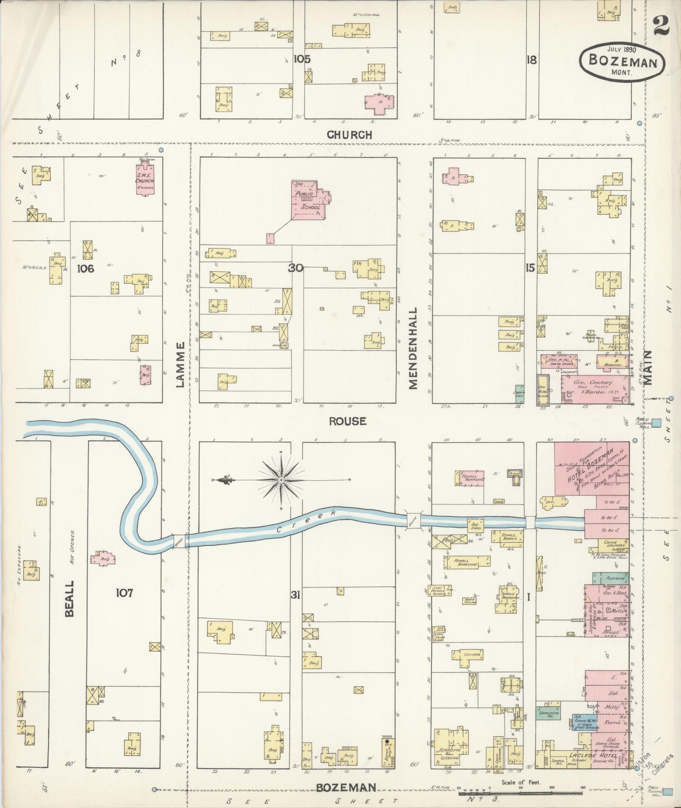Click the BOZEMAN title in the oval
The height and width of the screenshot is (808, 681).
point(622,62)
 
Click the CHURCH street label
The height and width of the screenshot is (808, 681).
point(350,135)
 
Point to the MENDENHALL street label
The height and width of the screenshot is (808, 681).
point(412,348)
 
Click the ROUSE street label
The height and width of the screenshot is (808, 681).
point(347,421)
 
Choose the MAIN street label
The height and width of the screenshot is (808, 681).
point(648,367)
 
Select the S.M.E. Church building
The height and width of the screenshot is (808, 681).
point(145,180)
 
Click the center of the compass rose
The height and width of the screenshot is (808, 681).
point(281,480)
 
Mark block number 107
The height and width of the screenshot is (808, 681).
point(125,593)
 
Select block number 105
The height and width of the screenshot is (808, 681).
point(302,59)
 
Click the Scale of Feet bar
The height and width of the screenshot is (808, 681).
point(520,793)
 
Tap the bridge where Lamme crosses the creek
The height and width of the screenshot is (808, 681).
point(179,541)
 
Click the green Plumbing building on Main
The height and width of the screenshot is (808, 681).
point(610,578)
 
